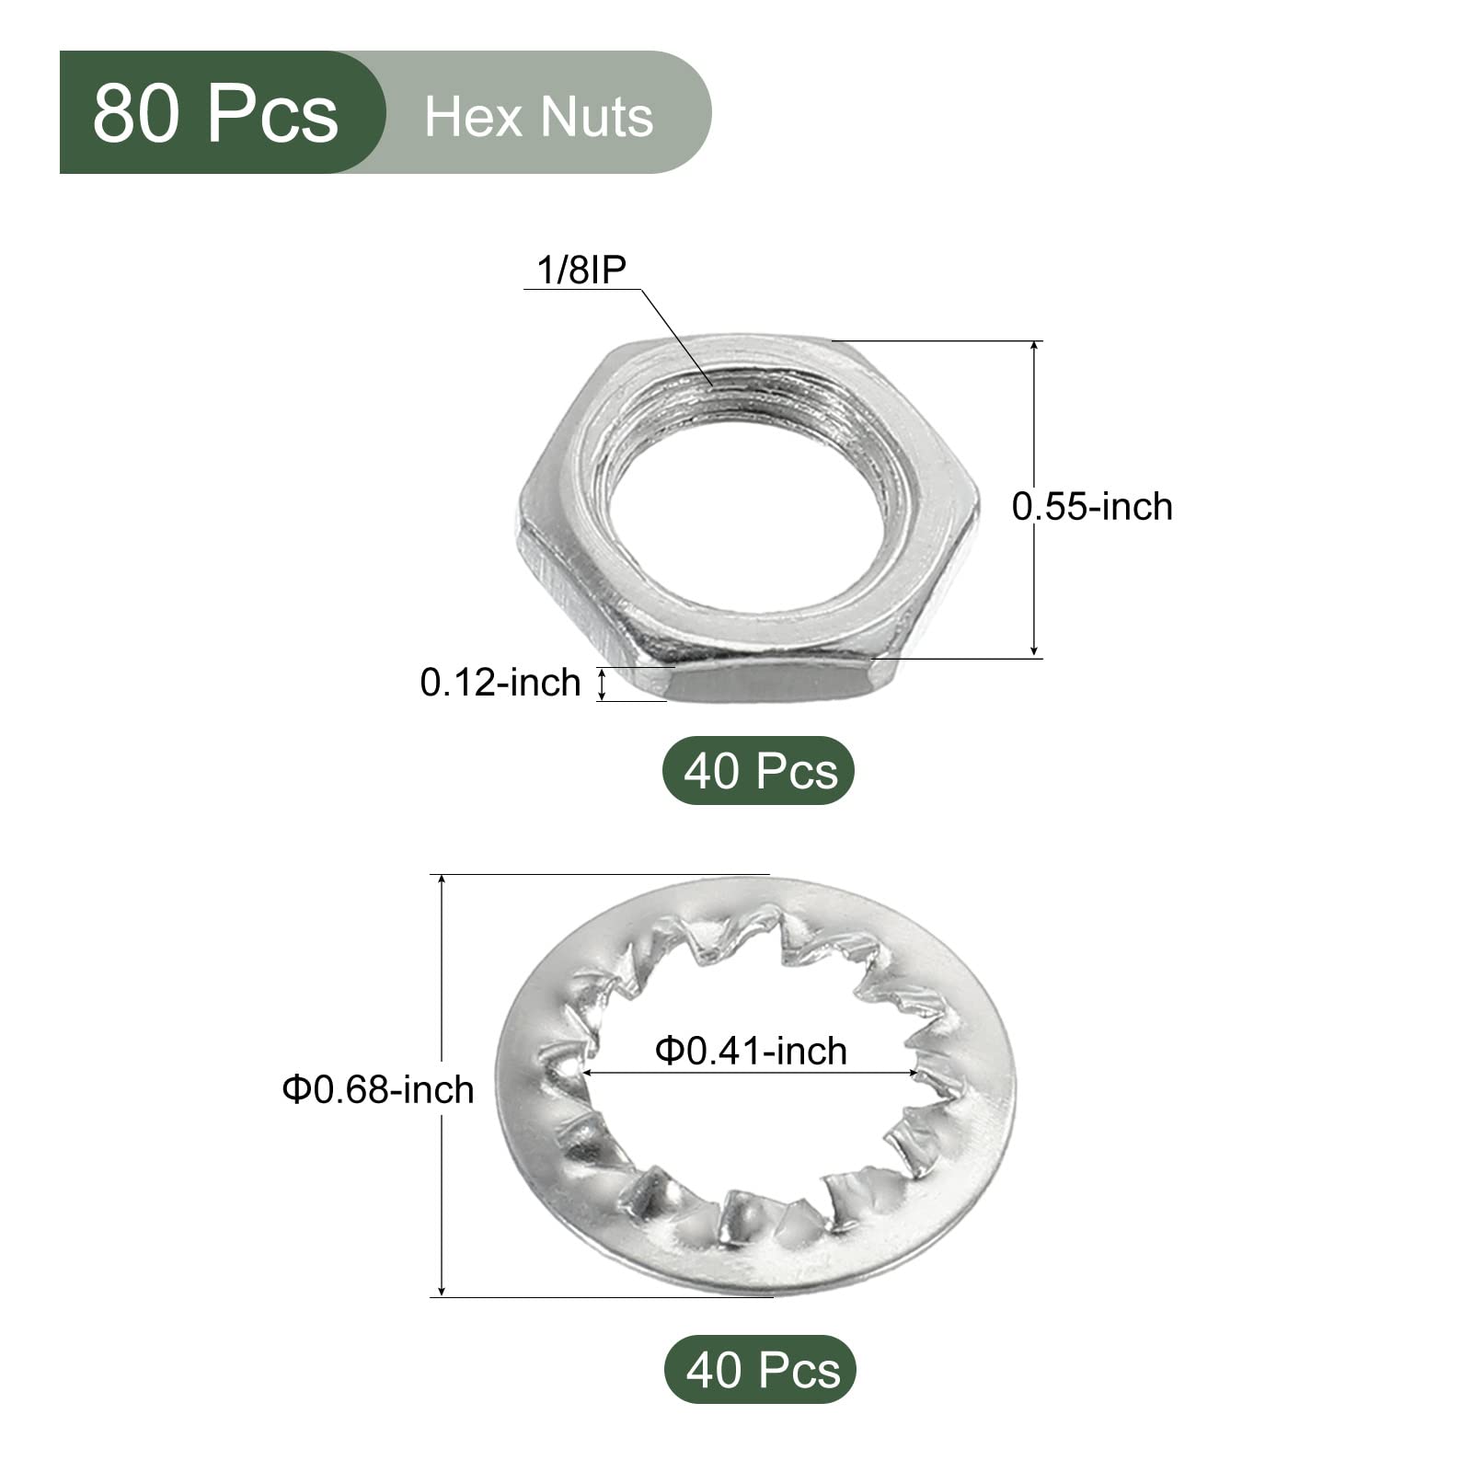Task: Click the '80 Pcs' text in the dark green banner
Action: pyautogui.click(x=215, y=113)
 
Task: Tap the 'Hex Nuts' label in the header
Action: pyautogui.click(x=539, y=117)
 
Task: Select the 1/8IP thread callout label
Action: pyautogui.click(x=581, y=270)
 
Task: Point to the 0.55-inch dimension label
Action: pyautogui.click(x=1092, y=507)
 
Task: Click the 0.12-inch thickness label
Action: pyautogui.click(x=500, y=683)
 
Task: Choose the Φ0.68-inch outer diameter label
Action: pyautogui.click(x=378, y=1089)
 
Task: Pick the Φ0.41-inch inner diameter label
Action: pyautogui.click(x=751, y=1051)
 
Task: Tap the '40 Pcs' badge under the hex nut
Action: pyautogui.click(x=759, y=771)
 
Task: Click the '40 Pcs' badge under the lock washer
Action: pyautogui.click(x=760, y=1370)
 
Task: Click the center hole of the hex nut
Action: pyautogui.click(x=754, y=511)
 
